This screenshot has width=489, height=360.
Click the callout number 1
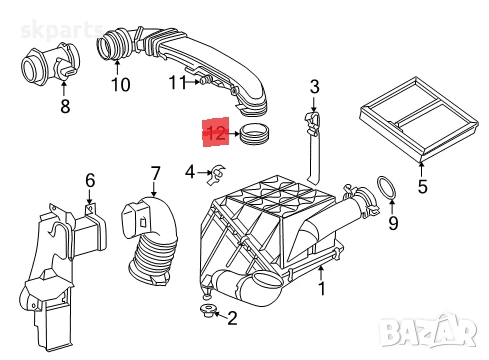(x=321, y=290)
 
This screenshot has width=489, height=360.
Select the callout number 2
(x=232, y=319)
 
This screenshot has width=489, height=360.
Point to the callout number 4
(x=190, y=174)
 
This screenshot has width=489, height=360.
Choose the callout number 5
(x=421, y=185)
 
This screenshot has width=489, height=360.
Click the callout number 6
(x=90, y=180)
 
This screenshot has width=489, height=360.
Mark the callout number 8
(x=65, y=105)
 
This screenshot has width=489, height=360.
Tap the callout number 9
(x=392, y=224)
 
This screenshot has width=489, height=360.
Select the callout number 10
(x=120, y=85)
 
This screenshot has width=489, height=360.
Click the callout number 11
(x=177, y=82)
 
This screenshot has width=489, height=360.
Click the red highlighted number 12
(x=215, y=132)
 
